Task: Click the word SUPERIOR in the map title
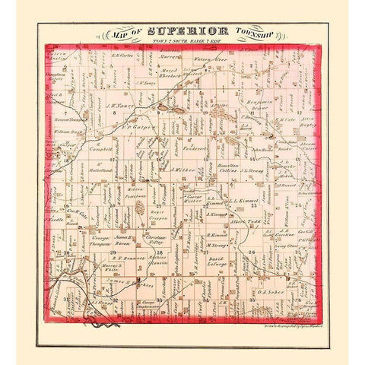coord(181,32)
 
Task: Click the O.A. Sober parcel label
coord(271,290)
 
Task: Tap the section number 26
coord(251,250)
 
